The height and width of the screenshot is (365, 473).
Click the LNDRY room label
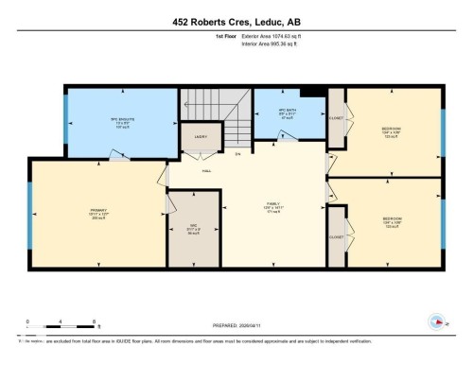click(x=200, y=137)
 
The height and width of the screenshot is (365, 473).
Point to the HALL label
click(x=205, y=170)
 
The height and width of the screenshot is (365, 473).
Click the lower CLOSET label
click(x=336, y=237)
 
